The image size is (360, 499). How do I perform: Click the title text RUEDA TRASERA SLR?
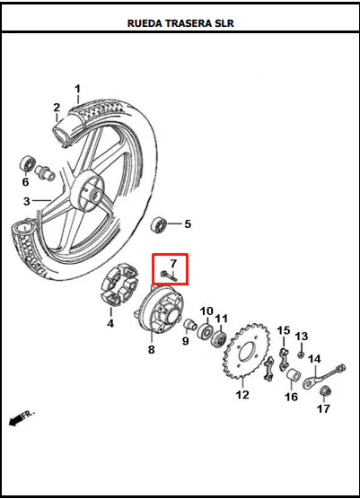pyautogui.click(x=180, y=23)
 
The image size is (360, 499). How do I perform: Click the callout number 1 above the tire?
pyautogui.click(x=78, y=89)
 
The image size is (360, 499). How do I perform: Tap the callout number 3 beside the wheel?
pyautogui.click(x=27, y=201)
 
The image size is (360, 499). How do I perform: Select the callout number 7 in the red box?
pyautogui.click(x=173, y=264)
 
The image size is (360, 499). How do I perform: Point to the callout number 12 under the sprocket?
pyautogui.click(x=242, y=395)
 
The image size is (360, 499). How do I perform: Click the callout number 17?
pyautogui.click(x=323, y=408)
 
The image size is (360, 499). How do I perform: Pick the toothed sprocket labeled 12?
pyautogui.click(x=247, y=351)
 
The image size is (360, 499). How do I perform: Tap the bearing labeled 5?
pyautogui.click(x=159, y=225)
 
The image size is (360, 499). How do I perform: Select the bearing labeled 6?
pyautogui.click(x=27, y=165)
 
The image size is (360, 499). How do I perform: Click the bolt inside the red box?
pyautogui.click(x=170, y=276)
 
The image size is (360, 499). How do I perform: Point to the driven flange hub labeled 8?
pyautogui.click(x=161, y=308)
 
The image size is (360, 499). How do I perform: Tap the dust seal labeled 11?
pyautogui.click(x=219, y=339)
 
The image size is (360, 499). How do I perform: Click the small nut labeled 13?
pyautogui.click(x=300, y=355)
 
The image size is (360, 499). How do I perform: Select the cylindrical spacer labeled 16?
pyautogui.click(x=293, y=376)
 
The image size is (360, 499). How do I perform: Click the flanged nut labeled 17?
pyautogui.click(x=325, y=390)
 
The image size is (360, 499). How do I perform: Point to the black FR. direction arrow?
pyautogui.click(x=15, y=421)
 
